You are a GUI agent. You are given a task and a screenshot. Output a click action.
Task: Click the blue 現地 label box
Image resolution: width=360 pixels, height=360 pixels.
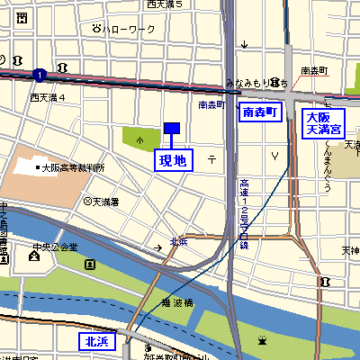pyautogui.click(x=172, y=160)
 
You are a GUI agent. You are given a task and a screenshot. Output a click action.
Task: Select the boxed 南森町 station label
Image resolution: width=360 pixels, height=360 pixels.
pyautogui.click(x=261, y=112)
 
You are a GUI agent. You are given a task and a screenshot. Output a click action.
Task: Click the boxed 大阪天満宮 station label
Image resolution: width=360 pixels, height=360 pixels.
pyautogui.click(x=323, y=123)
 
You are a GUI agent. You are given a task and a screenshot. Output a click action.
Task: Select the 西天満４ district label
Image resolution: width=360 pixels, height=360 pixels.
pyautogui.click(x=48, y=96)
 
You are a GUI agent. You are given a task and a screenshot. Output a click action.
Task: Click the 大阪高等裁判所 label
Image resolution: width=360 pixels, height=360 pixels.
pyautogui.click(x=73, y=167)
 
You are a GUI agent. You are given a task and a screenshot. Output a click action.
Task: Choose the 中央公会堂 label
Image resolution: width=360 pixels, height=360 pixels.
pyautogui.click(x=56, y=247)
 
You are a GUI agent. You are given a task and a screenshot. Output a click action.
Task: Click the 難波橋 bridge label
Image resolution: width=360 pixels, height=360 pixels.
pyautogui.click(x=176, y=302)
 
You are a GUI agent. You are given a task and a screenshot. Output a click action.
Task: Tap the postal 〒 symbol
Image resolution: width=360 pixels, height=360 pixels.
pyautogui.click(x=211, y=158)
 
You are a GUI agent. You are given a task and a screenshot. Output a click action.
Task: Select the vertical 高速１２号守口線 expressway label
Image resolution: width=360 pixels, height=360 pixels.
pyautogui.click(x=244, y=213)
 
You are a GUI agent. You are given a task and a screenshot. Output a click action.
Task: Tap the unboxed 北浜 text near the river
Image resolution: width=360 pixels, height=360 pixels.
pyautogui.click(x=178, y=241)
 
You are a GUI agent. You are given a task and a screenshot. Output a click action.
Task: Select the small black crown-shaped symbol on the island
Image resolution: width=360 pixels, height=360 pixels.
pyautogui.click(x=263, y=340)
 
